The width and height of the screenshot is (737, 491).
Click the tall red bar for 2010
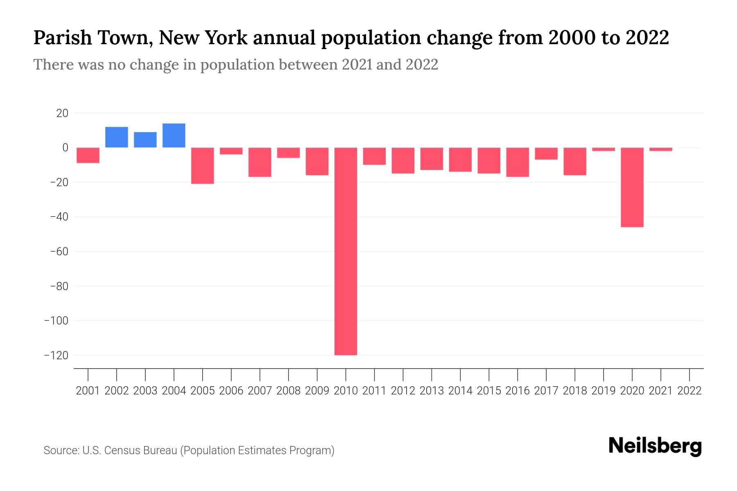pyautogui.click(x=346, y=251)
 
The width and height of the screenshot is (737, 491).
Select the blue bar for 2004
pyautogui.click(x=174, y=135)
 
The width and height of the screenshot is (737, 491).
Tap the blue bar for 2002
pyautogui.click(x=117, y=137)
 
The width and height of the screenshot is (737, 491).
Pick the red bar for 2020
pyautogui.click(x=632, y=187)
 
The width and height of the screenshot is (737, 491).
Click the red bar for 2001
pyautogui.click(x=88, y=155)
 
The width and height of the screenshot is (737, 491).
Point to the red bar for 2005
pyautogui.click(x=203, y=166)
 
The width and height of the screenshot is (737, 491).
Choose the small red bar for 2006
pyautogui.click(x=231, y=151)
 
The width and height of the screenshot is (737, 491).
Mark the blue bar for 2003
pyautogui.click(x=145, y=140)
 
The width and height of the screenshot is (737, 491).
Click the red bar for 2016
pyautogui.click(x=518, y=162)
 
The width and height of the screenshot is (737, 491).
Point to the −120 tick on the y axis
pyautogui.click(x=57, y=355)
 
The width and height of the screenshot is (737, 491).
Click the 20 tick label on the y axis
pyautogui.click(x=62, y=113)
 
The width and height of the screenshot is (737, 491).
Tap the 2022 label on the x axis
pyautogui.click(x=689, y=391)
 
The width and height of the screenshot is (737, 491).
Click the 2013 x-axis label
pyautogui.click(x=432, y=391)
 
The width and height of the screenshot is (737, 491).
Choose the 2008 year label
pyautogui.click(x=288, y=391)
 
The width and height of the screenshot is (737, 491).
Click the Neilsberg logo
pyautogui.click(x=655, y=446)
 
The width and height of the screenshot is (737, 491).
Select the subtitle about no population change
pyautogui.click(x=235, y=65)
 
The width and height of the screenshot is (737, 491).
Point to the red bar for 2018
pyautogui.click(x=574, y=161)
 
